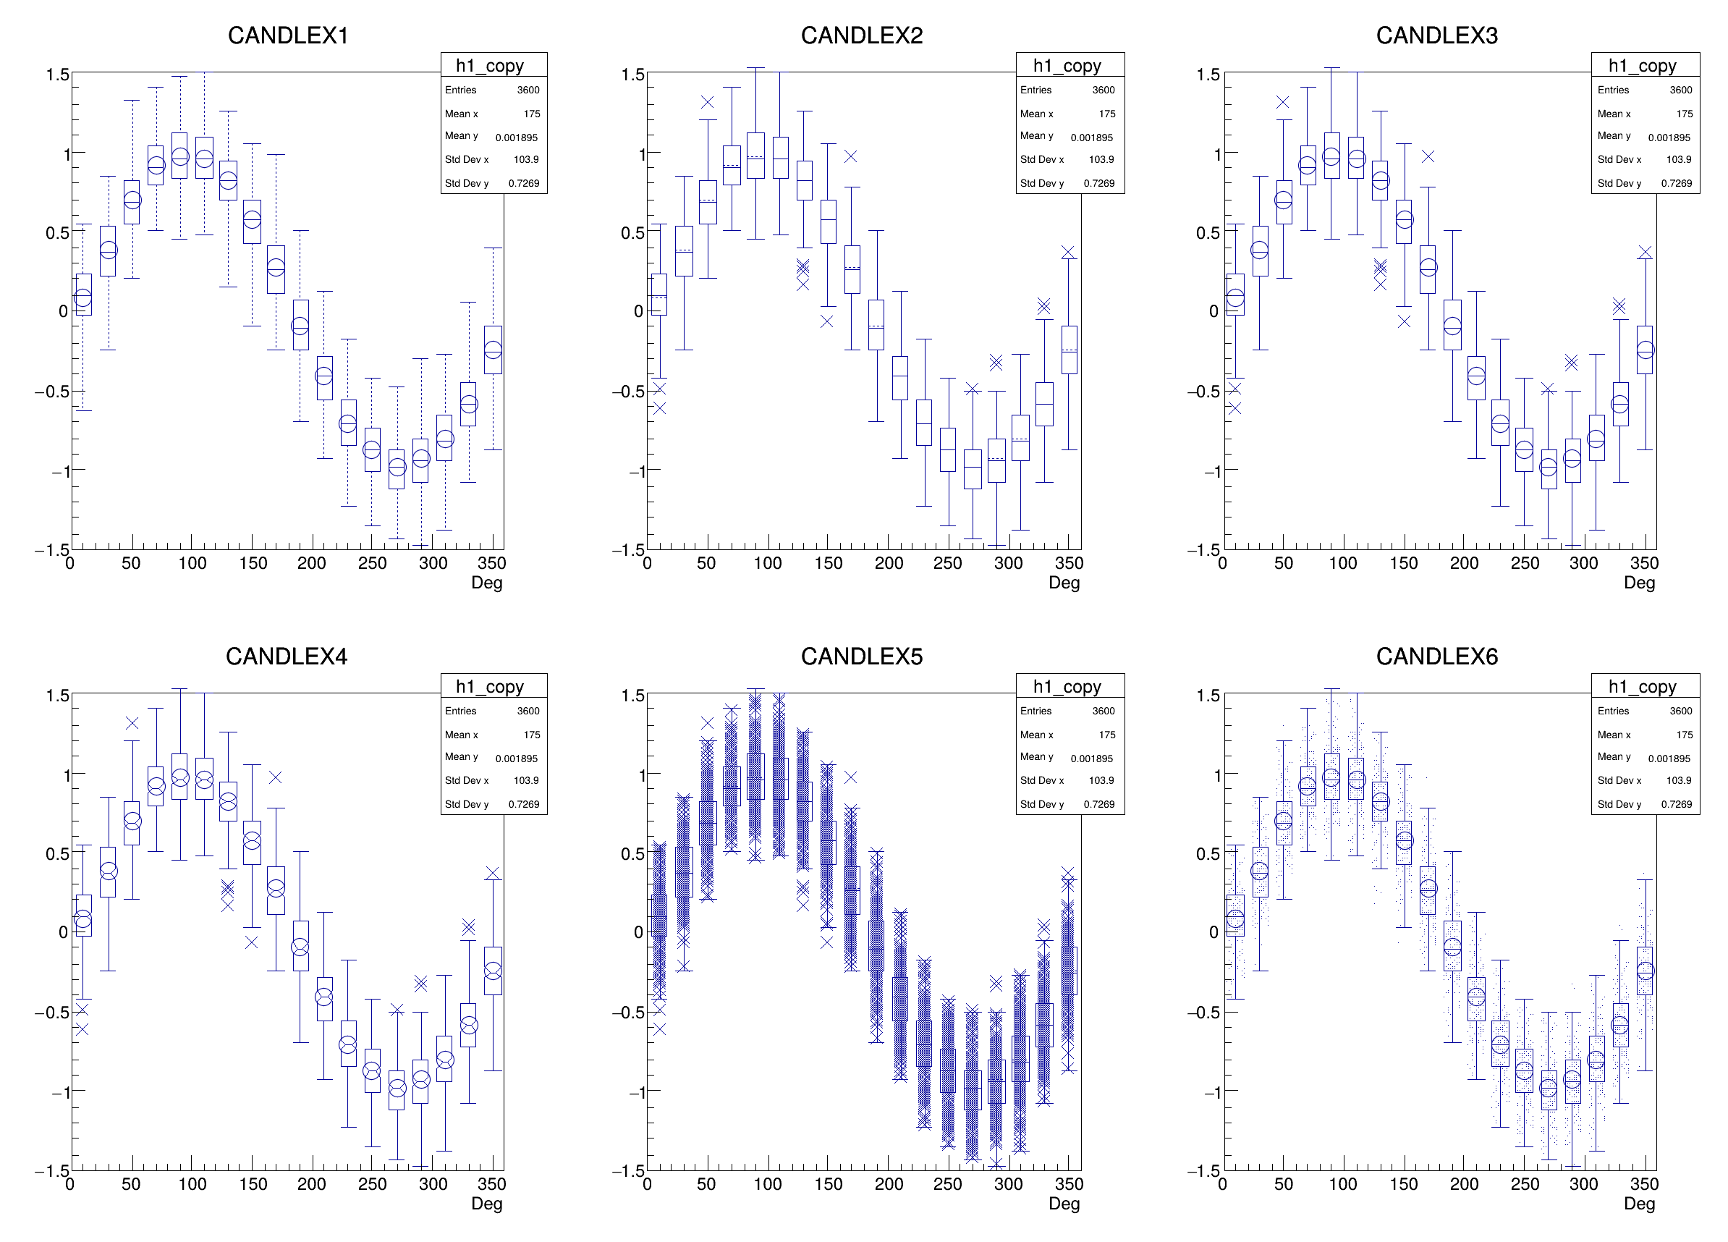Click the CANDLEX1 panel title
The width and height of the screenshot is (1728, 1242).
tap(287, 35)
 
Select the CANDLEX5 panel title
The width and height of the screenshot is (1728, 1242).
tap(861, 656)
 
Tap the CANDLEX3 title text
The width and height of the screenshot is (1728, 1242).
tap(1436, 35)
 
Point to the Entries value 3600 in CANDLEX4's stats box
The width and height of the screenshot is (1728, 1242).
tap(528, 711)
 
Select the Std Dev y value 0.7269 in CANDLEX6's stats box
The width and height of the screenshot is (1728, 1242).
tap(1676, 804)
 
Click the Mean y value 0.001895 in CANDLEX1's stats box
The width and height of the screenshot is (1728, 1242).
tap(516, 137)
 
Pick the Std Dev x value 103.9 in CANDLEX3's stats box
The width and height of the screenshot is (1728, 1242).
tap(1679, 159)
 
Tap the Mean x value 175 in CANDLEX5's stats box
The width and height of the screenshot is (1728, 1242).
tap(1106, 735)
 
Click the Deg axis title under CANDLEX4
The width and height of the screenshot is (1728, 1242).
tap(487, 1203)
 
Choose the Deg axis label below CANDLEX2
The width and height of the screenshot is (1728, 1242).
tap(1064, 582)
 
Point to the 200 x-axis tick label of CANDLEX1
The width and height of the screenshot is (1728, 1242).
tap(312, 563)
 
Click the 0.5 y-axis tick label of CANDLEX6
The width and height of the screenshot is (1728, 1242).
tap(1208, 853)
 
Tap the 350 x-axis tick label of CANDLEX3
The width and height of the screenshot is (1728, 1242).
tap(1644, 563)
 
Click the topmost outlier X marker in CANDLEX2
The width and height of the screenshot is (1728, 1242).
tap(707, 102)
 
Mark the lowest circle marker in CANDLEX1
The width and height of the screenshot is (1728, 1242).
tap(397, 467)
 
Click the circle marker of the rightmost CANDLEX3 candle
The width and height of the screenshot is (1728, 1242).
tap(1646, 350)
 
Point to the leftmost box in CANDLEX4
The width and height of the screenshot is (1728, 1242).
tap(84, 915)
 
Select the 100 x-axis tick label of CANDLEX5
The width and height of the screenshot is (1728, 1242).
tap(767, 1184)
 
